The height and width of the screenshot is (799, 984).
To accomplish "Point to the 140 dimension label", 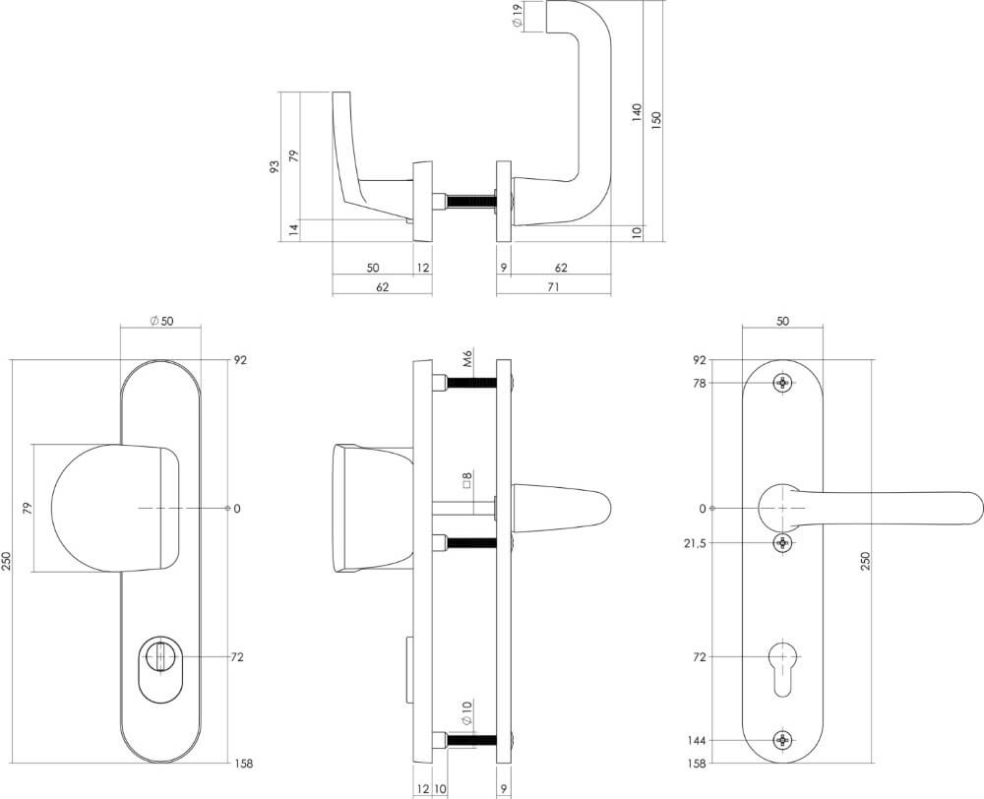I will click(x=637, y=113).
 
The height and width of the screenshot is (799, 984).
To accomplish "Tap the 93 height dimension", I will click(x=276, y=166).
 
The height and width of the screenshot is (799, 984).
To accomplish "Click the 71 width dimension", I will click(x=553, y=286).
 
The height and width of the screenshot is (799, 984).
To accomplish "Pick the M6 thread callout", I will click(x=468, y=359).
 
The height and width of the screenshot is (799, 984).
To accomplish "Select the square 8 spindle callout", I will click(x=468, y=481).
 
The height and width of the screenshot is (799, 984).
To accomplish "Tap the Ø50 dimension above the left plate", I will click(x=160, y=321).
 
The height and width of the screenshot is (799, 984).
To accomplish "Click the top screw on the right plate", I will click(x=782, y=383).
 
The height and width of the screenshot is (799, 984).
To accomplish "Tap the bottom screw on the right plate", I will click(x=782, y=740).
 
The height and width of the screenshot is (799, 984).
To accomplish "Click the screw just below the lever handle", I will click(x=782, y=543).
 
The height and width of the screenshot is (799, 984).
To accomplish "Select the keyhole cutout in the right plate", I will click(x=782, y=664).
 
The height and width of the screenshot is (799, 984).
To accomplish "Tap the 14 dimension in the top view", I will click(x=293, y=229).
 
